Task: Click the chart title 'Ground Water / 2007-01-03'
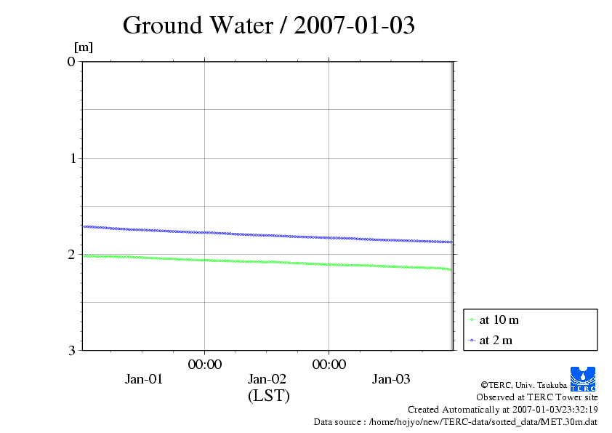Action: [x=268, y=25]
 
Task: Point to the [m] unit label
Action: [x=84, y=48]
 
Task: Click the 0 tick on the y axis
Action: [x=71, y=61]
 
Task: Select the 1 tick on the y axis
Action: [x=71, y=158]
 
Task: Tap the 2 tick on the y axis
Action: [x=71, y=254]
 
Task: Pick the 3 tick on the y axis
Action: [x=71, y=350]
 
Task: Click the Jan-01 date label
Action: [x=144, y=379]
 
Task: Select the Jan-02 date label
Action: [x=267, y=379]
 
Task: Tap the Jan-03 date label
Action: [x=391, y=379]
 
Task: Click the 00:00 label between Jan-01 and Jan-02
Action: [x=205, y=365]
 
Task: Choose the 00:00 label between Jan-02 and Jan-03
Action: [x=329, y=365]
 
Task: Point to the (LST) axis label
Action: [x=269, y=396]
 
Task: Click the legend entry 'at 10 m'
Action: [x=499, y=320]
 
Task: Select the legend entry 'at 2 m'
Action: [x=496, y=340]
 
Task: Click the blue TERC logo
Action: [x=583, y=378]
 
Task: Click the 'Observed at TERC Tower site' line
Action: [x=536, y=397]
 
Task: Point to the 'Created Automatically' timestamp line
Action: [x=502, y=410]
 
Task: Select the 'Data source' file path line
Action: [x=455, y=421]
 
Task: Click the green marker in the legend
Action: [x=472, y=320]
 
